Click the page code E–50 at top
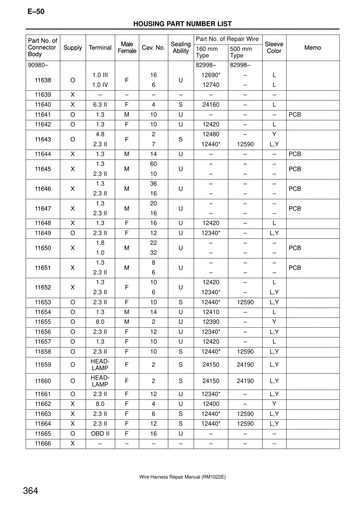(x=36, y=12)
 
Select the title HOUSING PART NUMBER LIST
(x=182, y=24)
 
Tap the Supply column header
(x=73, y=48)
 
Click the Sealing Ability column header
(x=181, y=47)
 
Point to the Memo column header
(x=312, y=48)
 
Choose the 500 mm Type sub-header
(x=241, y=52)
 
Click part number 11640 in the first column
(x=43, y=105)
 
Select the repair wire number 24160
(x=211, y=105)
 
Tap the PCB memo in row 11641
(x=295, y=115)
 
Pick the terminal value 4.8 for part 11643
(x=100, y=134)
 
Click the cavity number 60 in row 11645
(x=153, y=164)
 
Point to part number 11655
(x=43, y=322)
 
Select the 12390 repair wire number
(x=211, y=322)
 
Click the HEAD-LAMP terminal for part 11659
(x=100, y=365)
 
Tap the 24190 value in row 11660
(x=245, y=381)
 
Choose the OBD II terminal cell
(x=100, y=434)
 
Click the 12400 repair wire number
(x=211, y=404)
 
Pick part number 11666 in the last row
(x=43, y=444)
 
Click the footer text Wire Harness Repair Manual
(x=182, y=477)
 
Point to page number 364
(x=31, y=491)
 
